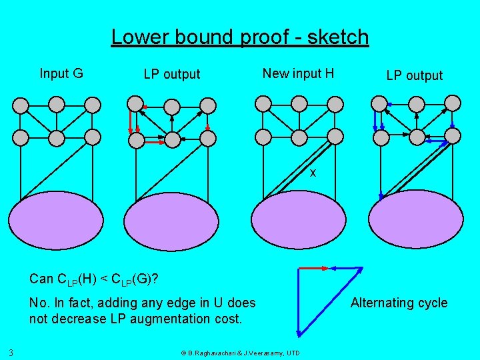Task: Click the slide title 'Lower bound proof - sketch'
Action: point(240,37)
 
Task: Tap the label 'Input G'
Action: point(61,73)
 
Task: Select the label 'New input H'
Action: point(298,73)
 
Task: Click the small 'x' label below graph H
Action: point(312,173)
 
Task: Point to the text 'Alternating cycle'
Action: point(399,303)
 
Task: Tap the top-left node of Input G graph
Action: point(21,104)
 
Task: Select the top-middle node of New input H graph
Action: point(299,103)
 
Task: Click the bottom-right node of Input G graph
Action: point(93,137)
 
